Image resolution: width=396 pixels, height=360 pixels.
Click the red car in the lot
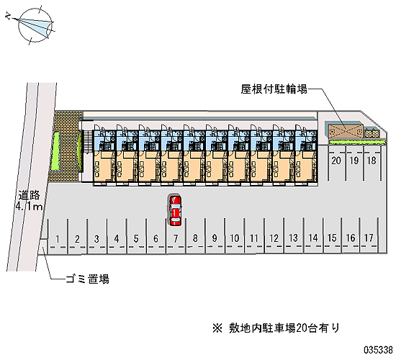(175, 210)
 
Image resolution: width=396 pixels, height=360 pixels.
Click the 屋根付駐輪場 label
(274, 89)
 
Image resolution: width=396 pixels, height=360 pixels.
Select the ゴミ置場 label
(87, 279)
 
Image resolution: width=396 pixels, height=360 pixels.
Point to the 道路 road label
(29, 195)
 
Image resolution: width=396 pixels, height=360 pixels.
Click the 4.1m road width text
(29, 207)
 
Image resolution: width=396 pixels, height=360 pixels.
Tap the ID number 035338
(378, 350)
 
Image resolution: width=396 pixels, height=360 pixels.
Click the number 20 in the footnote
(302, 328)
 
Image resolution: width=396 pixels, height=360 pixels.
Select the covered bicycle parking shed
(346, 131)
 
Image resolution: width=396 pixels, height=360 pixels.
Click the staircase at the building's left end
(88, 142)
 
